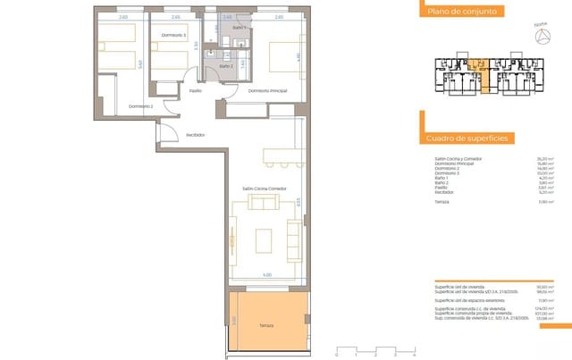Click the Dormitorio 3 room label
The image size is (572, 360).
[172, 35]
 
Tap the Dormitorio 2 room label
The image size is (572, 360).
[141, 106]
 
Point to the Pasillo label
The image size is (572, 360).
[195, 90]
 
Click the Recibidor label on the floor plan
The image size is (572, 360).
[196, 135]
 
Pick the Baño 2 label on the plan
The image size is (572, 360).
[226, 66]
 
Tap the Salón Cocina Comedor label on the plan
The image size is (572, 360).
[264, 188]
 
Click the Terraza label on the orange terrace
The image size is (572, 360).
[267, 326]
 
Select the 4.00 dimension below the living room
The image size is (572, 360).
[266, 274]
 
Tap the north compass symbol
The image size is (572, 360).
[541, 35]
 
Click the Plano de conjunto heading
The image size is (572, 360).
[461, 12]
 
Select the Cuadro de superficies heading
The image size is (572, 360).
[467, 139]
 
